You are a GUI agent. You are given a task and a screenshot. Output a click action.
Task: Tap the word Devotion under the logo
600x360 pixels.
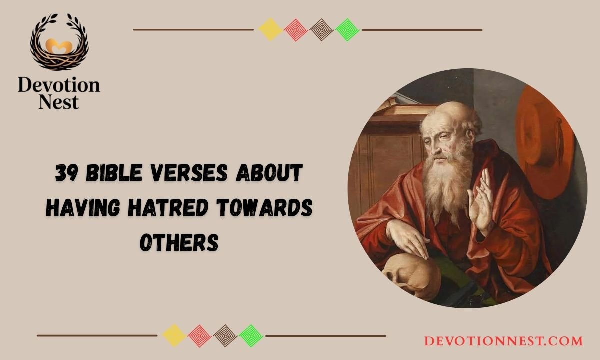click(59, 86)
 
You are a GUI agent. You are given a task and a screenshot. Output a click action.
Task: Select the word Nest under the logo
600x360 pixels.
click(59, 102)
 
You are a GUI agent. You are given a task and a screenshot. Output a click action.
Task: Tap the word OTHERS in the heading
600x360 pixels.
click(179, 242)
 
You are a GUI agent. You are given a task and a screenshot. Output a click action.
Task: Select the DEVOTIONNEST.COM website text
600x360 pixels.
click(503, 341)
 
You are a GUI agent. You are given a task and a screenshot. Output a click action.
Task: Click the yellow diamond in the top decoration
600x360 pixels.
click(270, 30)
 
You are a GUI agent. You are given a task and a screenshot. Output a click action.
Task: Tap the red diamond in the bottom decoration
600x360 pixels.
click(200, 336)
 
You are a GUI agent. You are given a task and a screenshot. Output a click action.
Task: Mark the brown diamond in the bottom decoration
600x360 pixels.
click(225, 336)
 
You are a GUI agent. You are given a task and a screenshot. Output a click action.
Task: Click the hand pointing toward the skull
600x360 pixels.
click(405, 238)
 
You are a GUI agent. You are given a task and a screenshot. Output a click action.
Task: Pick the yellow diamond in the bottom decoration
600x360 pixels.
click(174, 336)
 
